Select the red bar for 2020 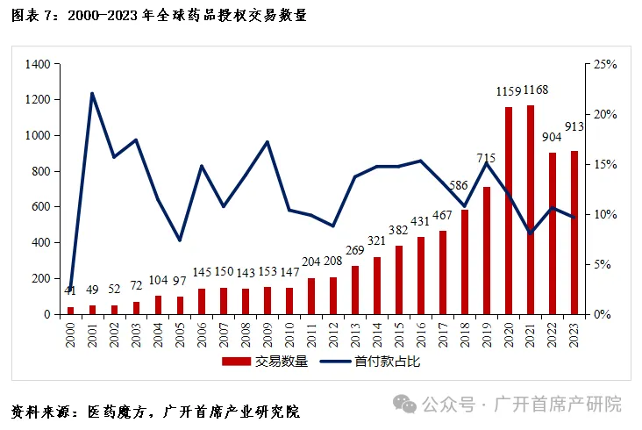pos(509,210)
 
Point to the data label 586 pos(465,185)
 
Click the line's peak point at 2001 pos(92,93)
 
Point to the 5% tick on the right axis pos(603,264)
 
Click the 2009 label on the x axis pos(267,333)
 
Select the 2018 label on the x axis pos(465,333)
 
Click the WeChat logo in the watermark pos(405,404)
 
